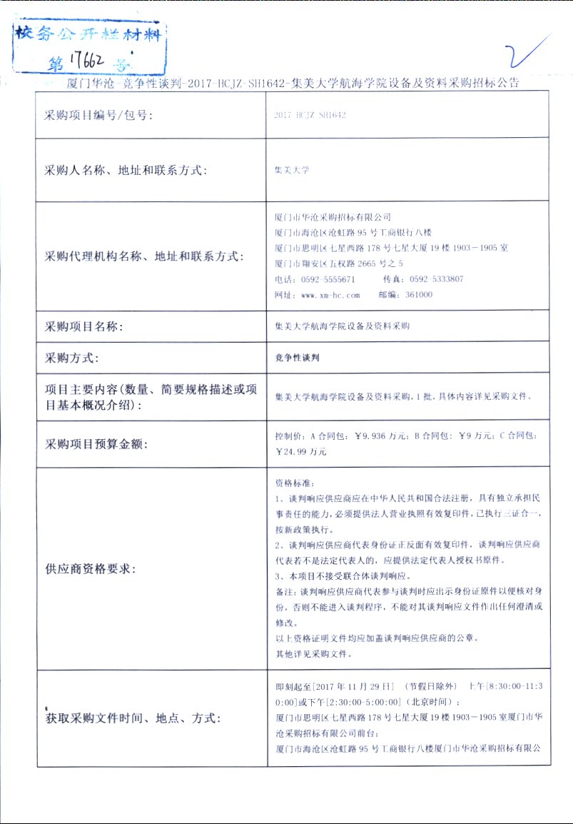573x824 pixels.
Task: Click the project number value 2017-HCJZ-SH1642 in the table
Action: point(310,115)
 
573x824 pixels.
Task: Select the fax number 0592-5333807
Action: point(437,279)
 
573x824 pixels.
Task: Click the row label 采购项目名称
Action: point(84,327)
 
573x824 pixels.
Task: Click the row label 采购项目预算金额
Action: point(96,444)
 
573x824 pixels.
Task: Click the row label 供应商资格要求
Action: point(91,569)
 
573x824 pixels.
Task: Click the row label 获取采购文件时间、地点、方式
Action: point(133,718)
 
